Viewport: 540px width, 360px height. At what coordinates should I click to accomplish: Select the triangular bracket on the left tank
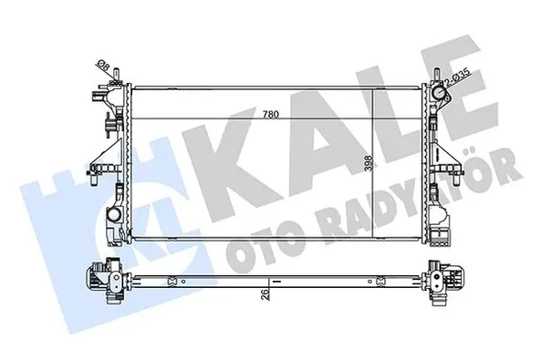[x=109, y=140]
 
